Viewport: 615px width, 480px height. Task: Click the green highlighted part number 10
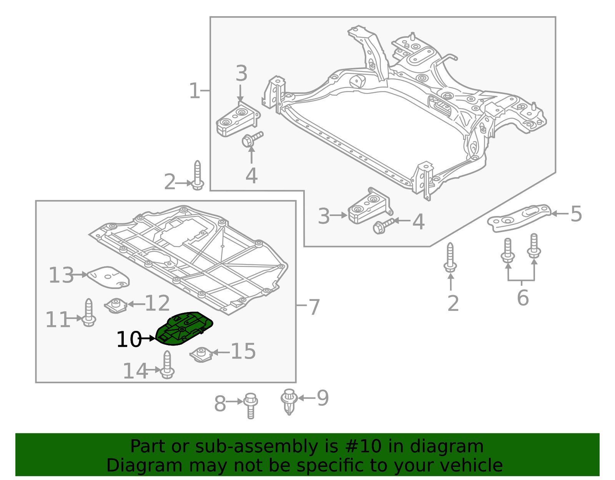point(184,329)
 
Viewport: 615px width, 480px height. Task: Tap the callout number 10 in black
point(128,340)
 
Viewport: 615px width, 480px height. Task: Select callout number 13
point(61,276)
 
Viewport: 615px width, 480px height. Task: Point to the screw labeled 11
point(89,313)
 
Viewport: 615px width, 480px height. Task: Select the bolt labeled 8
point(251,405)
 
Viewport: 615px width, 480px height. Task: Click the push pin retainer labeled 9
point(289,401)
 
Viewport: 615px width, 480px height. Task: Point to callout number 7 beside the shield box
point(314,307)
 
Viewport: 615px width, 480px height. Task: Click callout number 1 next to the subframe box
point(194,91)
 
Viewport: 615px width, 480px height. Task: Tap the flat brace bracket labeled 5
point(519,218)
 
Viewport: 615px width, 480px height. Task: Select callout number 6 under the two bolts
point(522,297)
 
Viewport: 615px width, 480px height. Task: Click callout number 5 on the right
point(576,214)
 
